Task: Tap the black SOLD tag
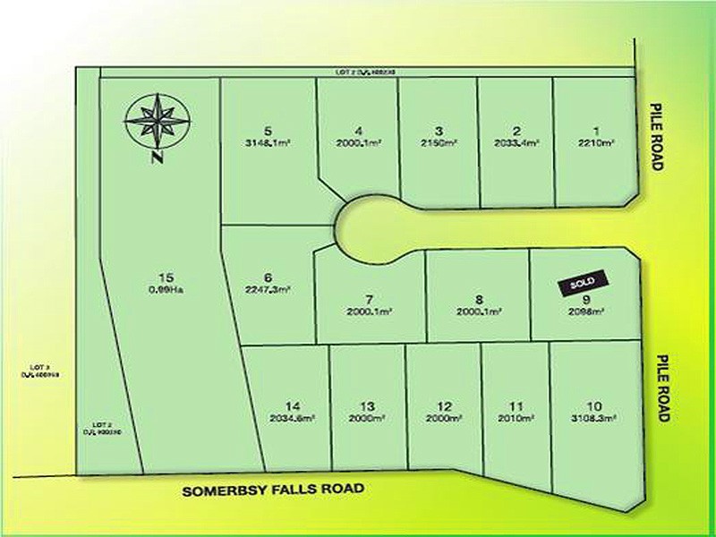click(x=583, y=283)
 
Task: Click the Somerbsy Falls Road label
click(x=274, y=490)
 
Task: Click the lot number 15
click(x=162, y=276)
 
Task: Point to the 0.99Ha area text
click(x=162, y=288)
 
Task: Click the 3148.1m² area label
click(x=268, y=142)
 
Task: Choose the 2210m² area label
click(x=596, y=142)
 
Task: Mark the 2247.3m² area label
click(x=268, y=289)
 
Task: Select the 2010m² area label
click(x=516, y=417)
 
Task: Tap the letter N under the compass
click(x=157, y=159)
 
